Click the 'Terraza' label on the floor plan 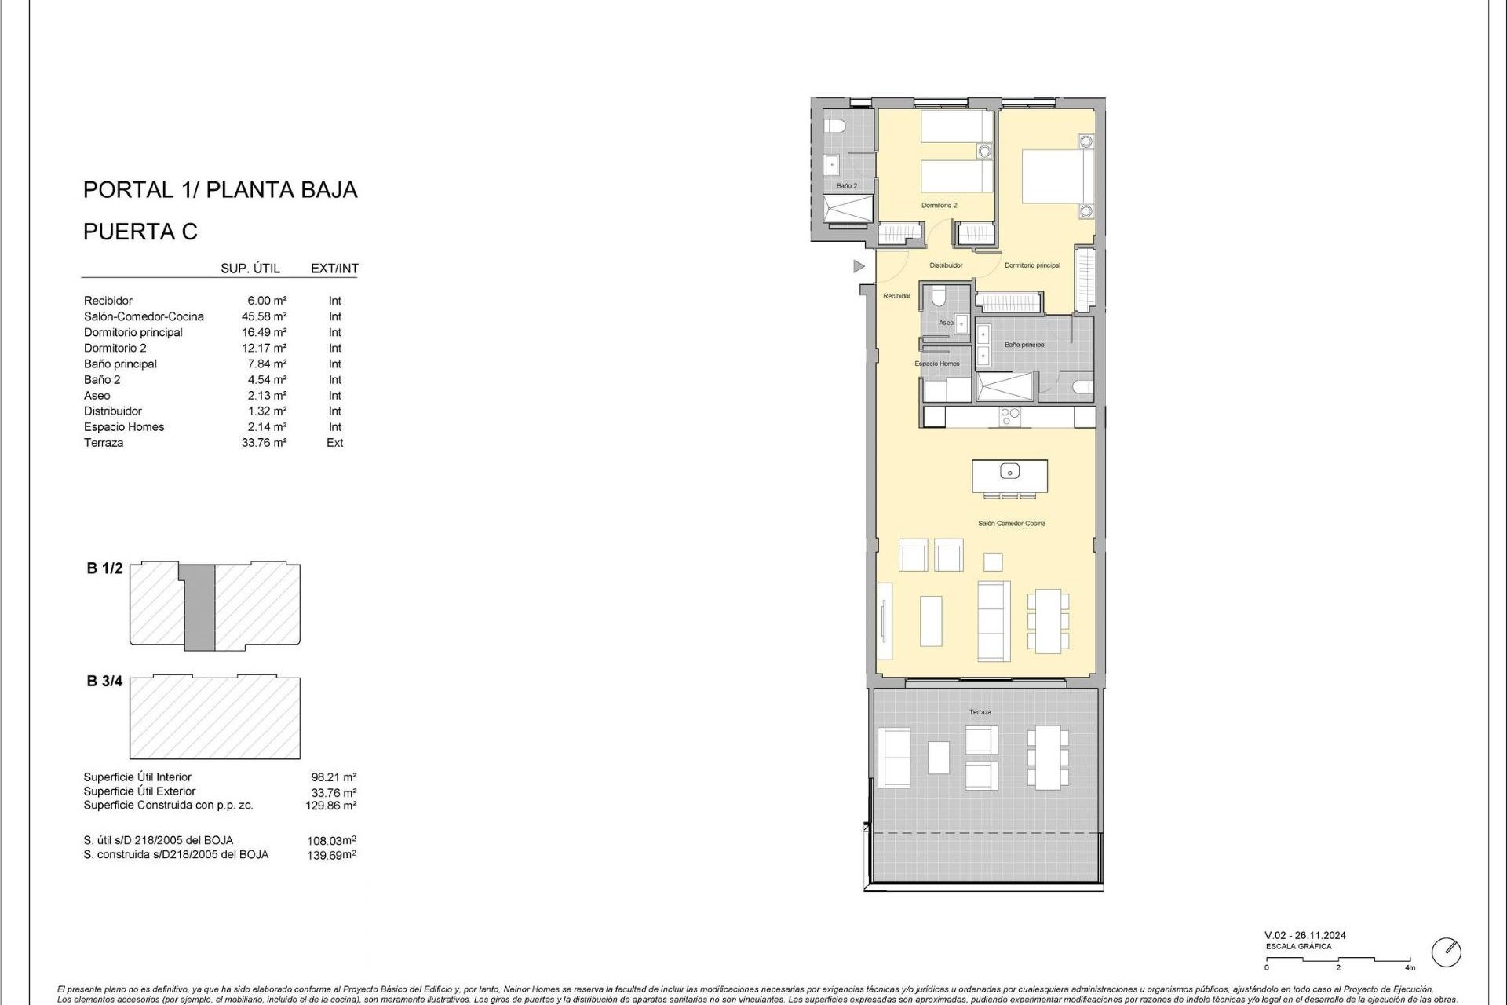pos(980,712)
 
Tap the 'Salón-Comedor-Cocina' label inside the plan pos(1011,524)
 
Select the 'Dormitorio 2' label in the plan pos(939,206)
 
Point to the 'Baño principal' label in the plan pos(1024,345)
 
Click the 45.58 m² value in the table pos(264,316)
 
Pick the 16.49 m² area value pos(264,332)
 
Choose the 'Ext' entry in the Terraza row pos(335,443)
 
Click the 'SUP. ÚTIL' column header pos(250,269)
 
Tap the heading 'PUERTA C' pos(140,232)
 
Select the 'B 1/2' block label pos(104,568)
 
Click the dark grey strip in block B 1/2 pos(199,607)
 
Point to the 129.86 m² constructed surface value pos(330,806)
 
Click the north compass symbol pos(1446,952)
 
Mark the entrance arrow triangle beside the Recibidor pos(859,267)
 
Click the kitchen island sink pos(1009,471)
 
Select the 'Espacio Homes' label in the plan pos(937,364)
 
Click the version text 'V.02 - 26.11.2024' pos(1304,935)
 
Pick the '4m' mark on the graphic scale pos(1410,967)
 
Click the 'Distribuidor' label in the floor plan pos(946,265)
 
